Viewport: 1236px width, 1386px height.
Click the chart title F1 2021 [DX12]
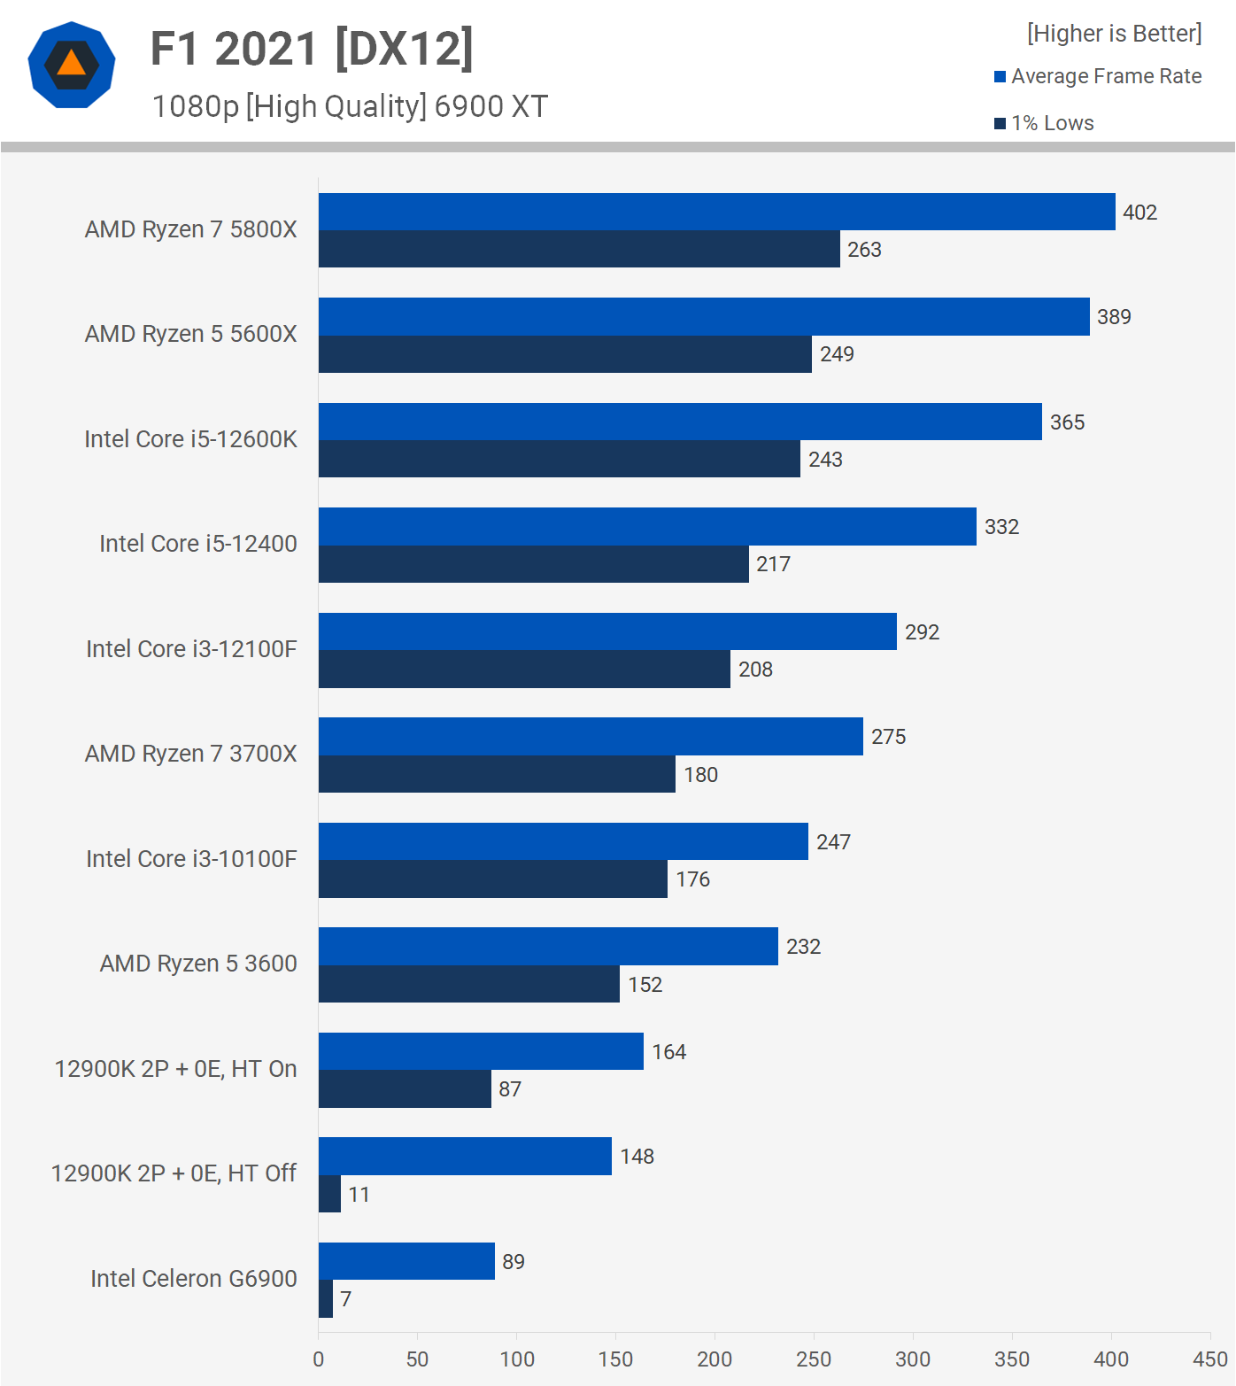312,49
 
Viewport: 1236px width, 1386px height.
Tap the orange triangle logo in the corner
72,65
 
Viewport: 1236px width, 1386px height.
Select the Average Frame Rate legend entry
1098,76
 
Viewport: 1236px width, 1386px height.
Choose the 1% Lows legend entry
1045,123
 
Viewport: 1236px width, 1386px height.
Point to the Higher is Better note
1114,34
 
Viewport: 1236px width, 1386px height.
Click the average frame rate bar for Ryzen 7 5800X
716,212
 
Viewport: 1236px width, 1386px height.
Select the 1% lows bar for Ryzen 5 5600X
565,354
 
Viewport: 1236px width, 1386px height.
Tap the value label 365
1067,422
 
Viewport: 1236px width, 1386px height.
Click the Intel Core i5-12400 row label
197,544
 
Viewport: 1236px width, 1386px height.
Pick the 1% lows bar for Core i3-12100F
524,670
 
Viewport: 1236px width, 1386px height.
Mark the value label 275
888,737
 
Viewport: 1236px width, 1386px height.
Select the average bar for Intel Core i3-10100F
563,841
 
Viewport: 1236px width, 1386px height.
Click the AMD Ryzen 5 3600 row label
198,964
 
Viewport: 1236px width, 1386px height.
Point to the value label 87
510,1089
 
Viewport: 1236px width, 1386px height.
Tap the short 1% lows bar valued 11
329,1194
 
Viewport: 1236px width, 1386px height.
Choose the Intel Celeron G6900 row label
193,1279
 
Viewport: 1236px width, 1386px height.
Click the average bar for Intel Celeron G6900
406,1261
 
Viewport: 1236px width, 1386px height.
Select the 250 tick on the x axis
813,1359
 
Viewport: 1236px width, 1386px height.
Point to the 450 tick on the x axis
1209,1359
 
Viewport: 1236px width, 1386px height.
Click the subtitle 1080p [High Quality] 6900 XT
350,106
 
